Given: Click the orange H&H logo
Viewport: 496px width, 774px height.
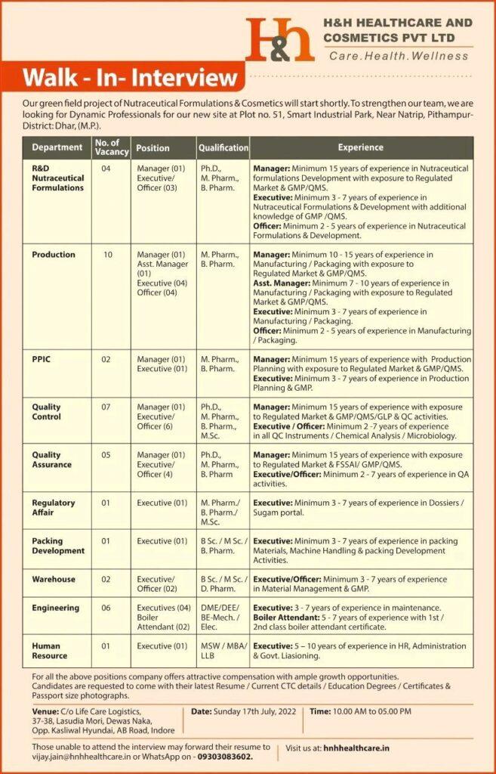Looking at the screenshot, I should click(x=279, y=40).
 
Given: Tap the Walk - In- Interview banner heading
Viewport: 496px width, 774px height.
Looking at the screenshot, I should click(x=130, y=79).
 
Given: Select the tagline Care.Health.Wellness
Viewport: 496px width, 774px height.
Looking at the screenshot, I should click(x=400, y=54).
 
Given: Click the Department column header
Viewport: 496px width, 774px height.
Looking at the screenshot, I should click(x=57, y=147).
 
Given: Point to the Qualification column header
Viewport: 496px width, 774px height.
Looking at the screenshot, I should click(x=223, y=148).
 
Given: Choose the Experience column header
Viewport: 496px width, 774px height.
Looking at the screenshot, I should click(x=361, y=147).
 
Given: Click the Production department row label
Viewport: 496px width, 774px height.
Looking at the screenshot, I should click(x=54, y=255).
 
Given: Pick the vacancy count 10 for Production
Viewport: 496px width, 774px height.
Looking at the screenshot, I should click(x=108, y=255).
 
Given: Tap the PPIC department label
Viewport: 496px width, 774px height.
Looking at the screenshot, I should click(x=42, y=359).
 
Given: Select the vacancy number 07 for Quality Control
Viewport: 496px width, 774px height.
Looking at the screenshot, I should click(x=106, y=407).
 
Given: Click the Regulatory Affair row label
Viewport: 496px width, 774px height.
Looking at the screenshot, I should click(x=54, y=507).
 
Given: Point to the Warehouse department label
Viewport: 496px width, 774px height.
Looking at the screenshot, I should click(x=54, y=579).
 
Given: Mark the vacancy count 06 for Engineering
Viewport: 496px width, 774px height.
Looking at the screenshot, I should click(x=106, y=608).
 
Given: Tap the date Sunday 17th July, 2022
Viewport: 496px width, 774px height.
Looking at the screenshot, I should click(x=246, y=711).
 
